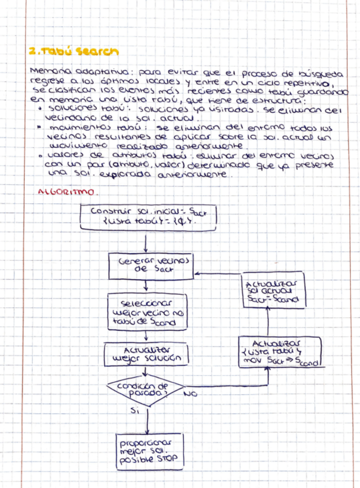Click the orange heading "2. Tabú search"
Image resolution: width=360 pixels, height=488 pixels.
pyautogui.click(x=73, y=51)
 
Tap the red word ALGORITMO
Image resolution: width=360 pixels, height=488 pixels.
pyautogui.click(x=67, y=192)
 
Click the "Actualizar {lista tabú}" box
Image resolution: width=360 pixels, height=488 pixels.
pyautogui.click(x=279, y=352)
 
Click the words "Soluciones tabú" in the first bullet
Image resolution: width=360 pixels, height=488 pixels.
pyautogui.click(x=78, y=108)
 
